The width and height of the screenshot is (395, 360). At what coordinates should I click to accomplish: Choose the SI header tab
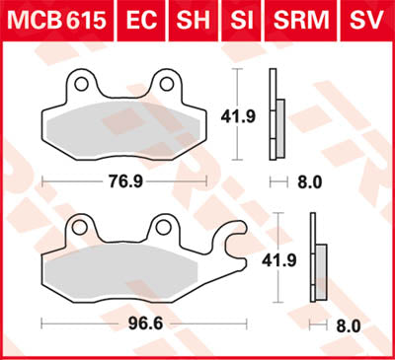coord(238,19)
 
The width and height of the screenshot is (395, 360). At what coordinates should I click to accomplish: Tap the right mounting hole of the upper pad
coord(165,84)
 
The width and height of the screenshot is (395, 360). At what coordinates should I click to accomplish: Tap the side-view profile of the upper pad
coord(276,116)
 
